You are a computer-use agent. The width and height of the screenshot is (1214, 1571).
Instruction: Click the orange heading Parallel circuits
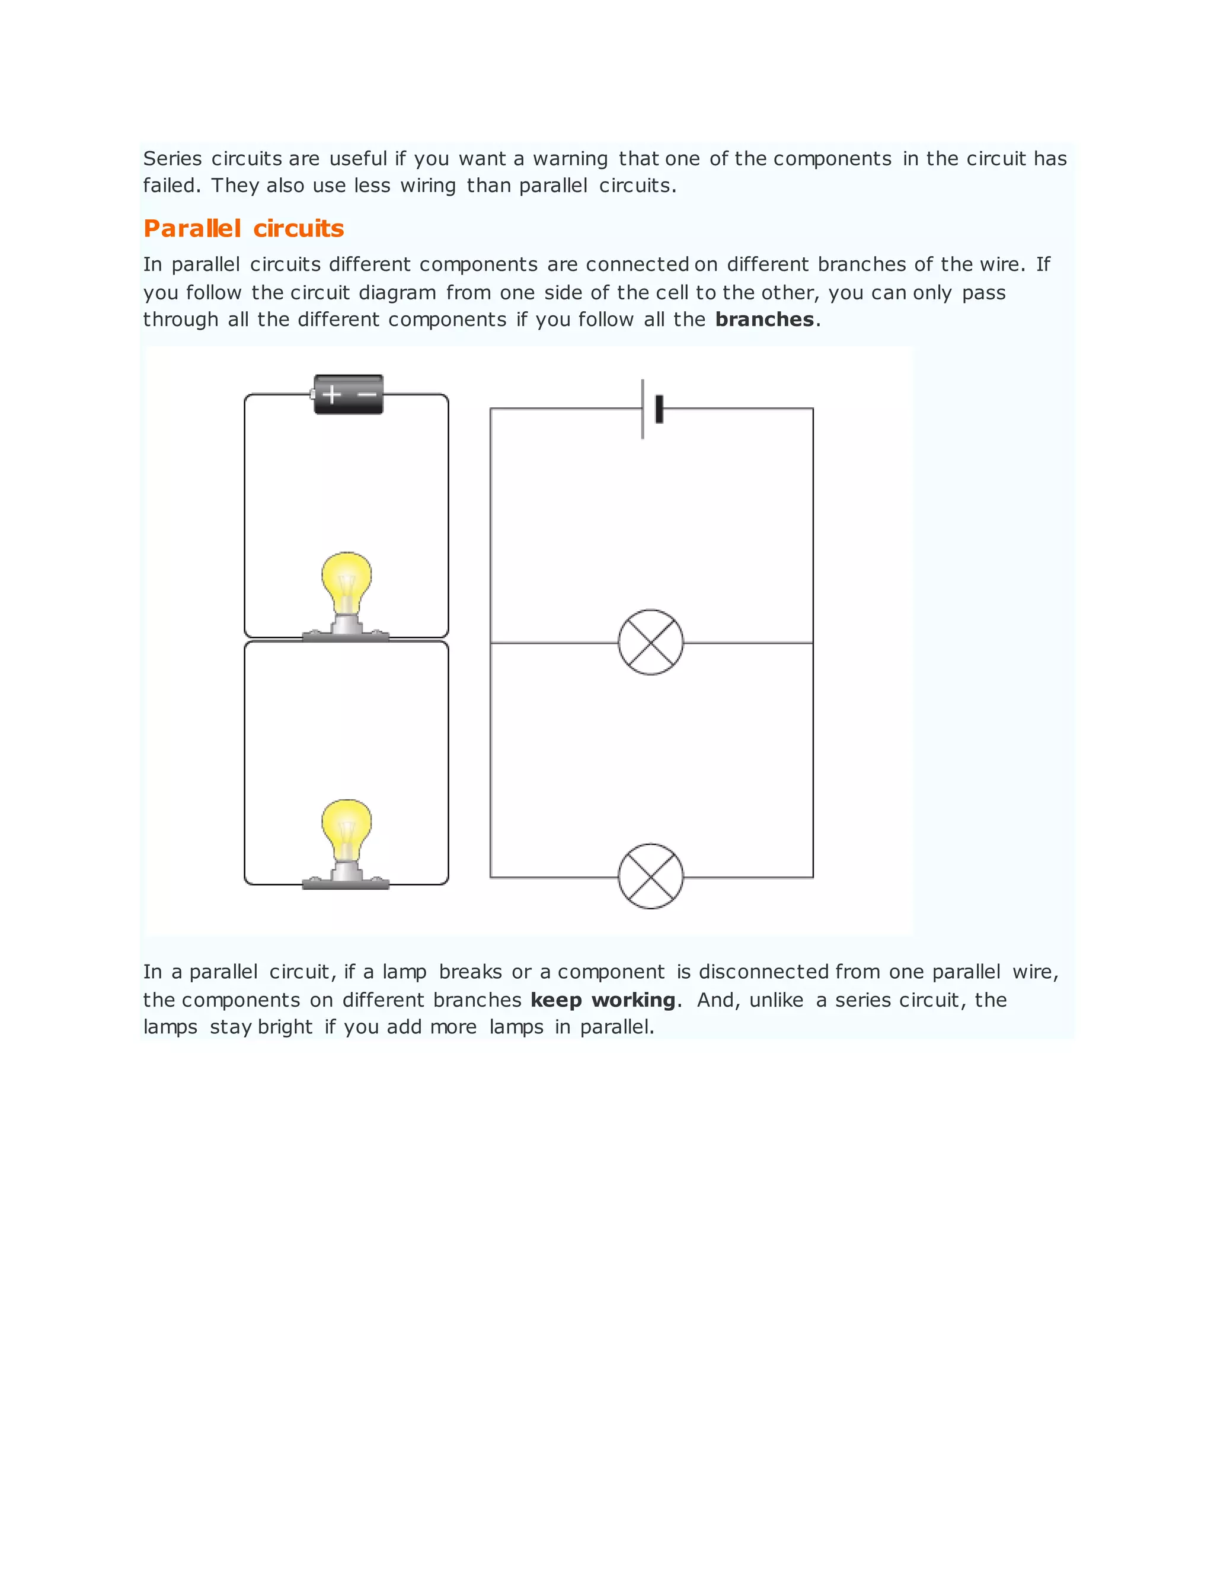point(243,228)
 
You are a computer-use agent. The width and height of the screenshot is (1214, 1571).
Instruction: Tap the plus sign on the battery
point(331,394)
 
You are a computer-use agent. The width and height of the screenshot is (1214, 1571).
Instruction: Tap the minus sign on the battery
point(367,394)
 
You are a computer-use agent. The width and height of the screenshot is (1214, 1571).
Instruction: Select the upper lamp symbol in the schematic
point(650,643)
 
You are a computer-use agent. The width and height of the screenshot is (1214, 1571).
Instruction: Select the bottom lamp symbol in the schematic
point(650,876)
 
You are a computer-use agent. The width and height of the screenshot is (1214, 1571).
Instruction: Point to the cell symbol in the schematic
point(651,408)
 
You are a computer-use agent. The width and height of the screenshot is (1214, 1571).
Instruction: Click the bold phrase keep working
point(603,1000)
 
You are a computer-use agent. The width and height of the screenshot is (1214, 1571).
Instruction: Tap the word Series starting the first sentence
point(172,158)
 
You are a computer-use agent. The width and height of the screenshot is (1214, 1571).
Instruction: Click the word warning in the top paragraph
point(570,158)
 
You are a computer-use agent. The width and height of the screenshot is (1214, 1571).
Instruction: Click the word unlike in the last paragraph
point(776,1000)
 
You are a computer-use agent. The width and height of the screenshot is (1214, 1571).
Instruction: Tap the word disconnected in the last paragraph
point(763,972)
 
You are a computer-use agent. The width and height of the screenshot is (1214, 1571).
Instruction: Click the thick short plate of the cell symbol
point(659,408)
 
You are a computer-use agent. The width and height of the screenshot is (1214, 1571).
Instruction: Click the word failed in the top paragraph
point(169,186)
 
